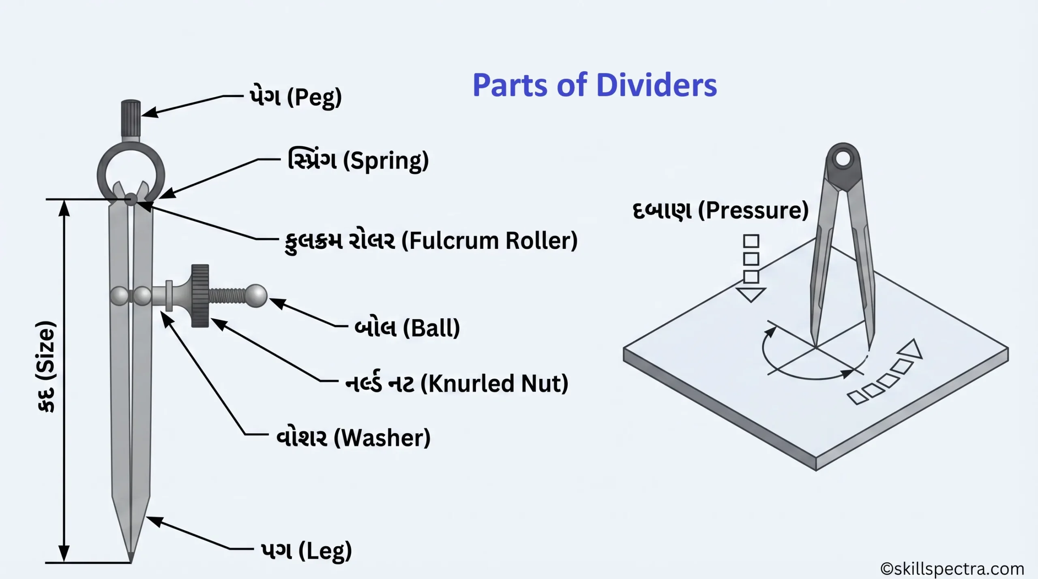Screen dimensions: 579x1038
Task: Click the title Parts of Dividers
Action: pos(594,85)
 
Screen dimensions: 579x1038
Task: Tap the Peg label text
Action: pos(296,98)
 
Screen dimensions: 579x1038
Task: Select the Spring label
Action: pos(358,160)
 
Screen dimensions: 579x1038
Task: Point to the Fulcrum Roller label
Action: pos(431,241)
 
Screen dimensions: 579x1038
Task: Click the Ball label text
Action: pos(407,328)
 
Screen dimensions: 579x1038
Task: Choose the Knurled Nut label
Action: pos(457,383)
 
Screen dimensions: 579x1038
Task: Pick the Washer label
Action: pos(353,438)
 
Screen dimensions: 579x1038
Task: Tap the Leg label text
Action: pos(306,551)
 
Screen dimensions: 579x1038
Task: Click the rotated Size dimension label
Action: pos(45,367)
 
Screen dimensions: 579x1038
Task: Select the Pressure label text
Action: pos(721,211)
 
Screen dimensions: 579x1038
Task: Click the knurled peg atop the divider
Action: pos(131,118)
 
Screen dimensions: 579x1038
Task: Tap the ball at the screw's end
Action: pos(256,296)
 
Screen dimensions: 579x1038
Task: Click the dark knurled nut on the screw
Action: pos(200,296)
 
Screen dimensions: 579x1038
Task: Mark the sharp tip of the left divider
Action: pos(131,559)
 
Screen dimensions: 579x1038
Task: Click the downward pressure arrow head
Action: pos(751,294)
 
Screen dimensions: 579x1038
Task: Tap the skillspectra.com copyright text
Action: pos(952,569)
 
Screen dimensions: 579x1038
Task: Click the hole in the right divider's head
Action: pos(843,158)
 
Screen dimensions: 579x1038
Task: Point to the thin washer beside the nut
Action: pos(169,296)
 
